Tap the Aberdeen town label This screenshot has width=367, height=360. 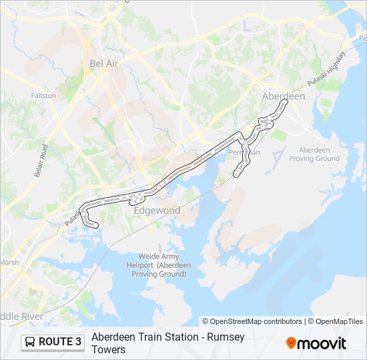point(283,96)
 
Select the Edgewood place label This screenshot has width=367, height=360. point(157,210)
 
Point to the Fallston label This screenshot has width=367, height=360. point(43,95)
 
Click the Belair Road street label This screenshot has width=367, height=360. point(39,161)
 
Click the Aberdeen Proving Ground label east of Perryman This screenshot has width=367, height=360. point(319,154)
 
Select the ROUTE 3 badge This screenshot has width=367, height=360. point(53,342)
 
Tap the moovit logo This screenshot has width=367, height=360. point(316,343)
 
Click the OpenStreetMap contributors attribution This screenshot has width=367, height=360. point(252,321)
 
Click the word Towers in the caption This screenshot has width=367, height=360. point(108,349)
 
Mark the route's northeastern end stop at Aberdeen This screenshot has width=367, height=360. point(285,102)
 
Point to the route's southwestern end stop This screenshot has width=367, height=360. point(96,225)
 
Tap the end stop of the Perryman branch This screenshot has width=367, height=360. point(236,175)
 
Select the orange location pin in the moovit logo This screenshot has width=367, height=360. point(291,343)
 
